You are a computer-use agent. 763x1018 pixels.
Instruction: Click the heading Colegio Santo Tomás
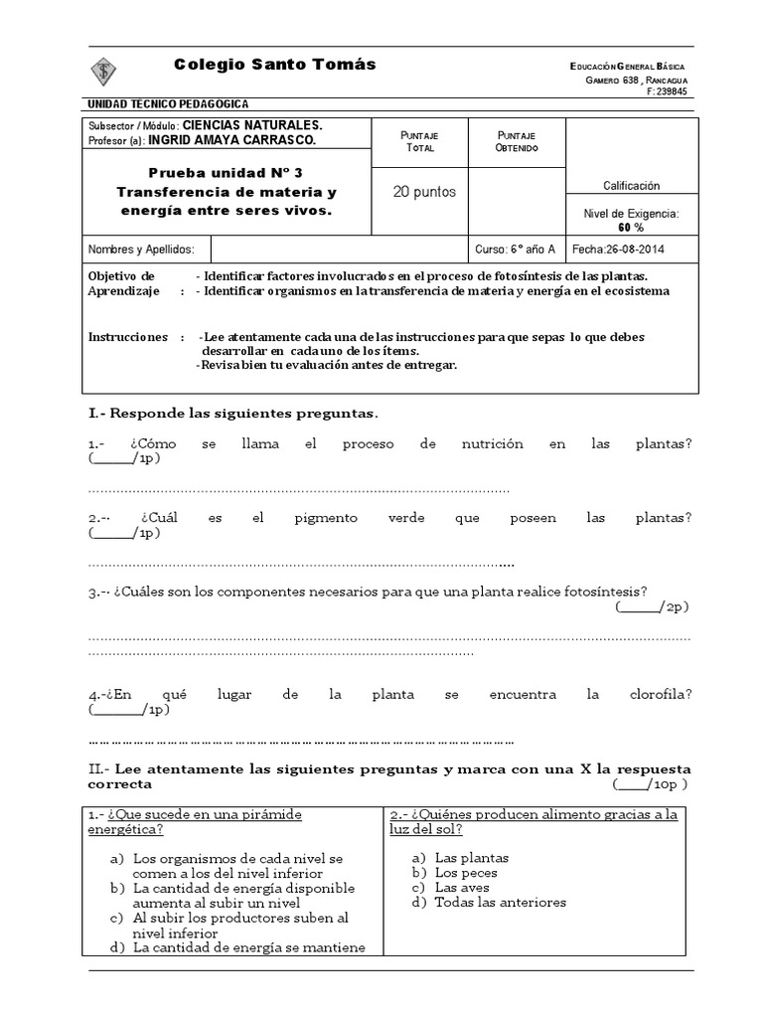(275, 64)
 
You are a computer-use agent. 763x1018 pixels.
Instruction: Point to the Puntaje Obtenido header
(516, 140)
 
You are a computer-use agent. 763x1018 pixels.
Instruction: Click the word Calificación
(631, 186)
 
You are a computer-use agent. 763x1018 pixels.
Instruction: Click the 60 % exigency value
(631, 227)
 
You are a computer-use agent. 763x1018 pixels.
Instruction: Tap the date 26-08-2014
(629, 250)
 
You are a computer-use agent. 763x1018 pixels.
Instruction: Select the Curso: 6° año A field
(516, 250)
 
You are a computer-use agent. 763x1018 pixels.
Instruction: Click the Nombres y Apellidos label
(135, 250)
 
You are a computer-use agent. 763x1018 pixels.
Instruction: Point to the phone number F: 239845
(666, 91)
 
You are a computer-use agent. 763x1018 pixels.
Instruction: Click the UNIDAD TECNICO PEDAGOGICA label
(168, 104)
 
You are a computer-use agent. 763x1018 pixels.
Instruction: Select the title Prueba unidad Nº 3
(227, 171)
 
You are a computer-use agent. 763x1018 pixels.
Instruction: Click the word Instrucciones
(128, 337)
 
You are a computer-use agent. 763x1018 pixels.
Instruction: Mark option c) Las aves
(462, 887)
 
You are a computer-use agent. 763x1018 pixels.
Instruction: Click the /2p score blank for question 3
(651, 606)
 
